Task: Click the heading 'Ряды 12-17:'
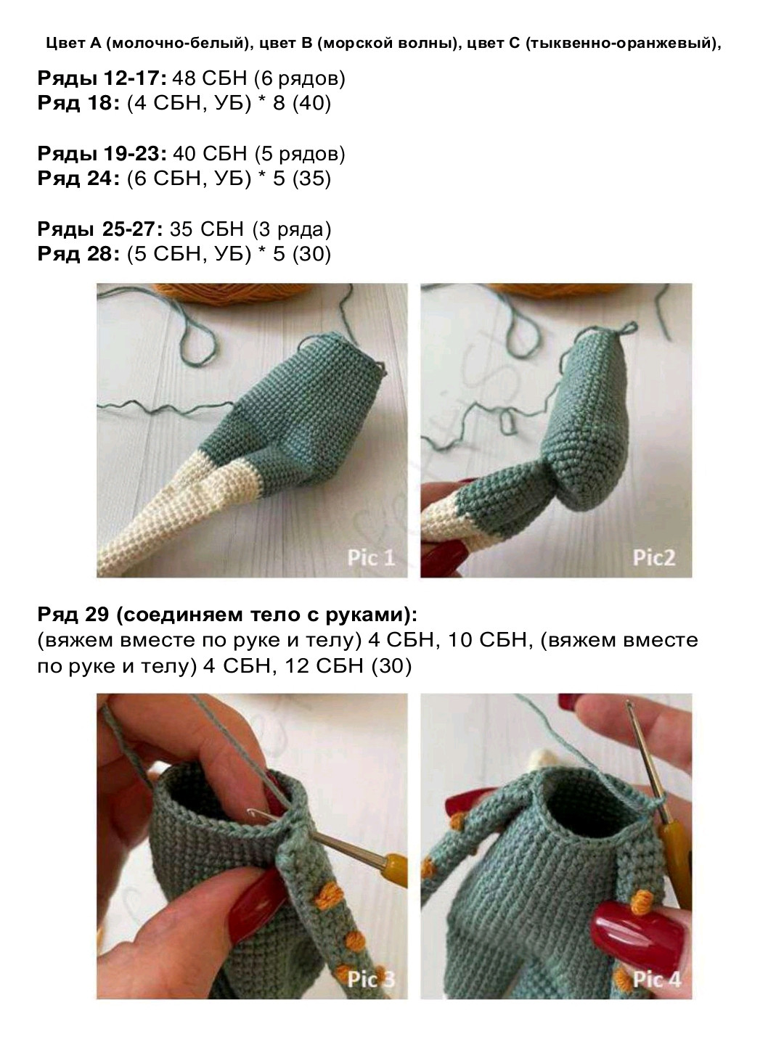point(102,78)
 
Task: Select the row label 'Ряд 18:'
point(78,103)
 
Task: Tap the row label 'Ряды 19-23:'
point(102,154)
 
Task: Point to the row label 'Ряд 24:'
point(78,179)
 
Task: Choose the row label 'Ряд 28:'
point(78,254)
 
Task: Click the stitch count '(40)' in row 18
point(311,103)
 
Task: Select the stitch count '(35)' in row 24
point(311,179)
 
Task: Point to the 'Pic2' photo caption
point(653,557)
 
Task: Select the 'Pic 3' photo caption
point(370,979)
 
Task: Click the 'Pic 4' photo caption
point(656,979)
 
